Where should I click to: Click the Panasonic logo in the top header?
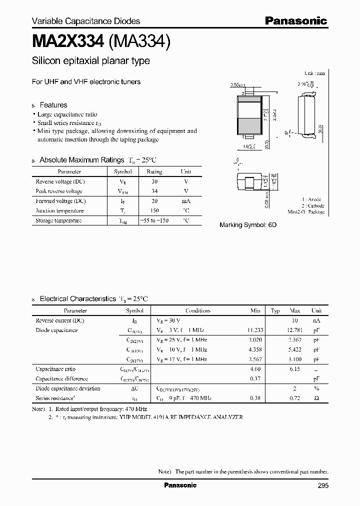295,21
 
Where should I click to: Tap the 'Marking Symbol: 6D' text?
248,225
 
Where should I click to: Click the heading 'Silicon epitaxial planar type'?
90,61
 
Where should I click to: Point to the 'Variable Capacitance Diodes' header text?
86,21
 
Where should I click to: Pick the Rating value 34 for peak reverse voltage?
154,191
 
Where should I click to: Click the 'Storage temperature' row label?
58,220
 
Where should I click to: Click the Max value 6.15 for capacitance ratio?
294,369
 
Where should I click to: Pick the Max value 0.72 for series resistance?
294,398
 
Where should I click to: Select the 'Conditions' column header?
198,310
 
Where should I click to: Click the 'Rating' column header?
154,171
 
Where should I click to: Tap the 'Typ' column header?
275,310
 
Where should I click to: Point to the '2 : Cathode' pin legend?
312,205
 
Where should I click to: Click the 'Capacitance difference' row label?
62,378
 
